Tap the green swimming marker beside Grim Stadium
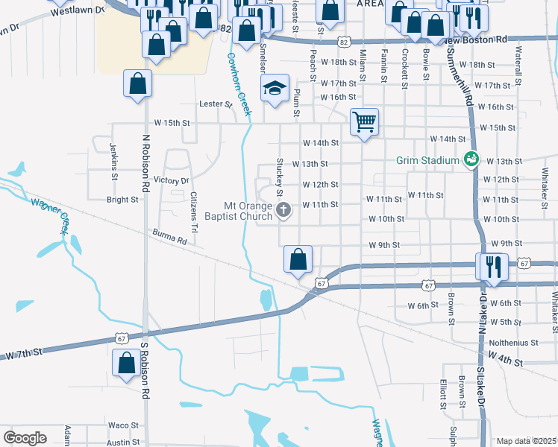click(x=471, y=159)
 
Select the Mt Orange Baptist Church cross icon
click(x=283, y=211)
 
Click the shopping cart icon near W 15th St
click(x=364, y=121)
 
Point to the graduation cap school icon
click(x=275, y=89)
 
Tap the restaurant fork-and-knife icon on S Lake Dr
click(x=492, y=265)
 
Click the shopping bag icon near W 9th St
click(x=298, y=259)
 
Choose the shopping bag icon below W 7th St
click(x=126, y=364)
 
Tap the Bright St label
click(x=123, y=200)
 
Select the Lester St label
click(x=216, y=105)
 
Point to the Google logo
click(x=25, y=438)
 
